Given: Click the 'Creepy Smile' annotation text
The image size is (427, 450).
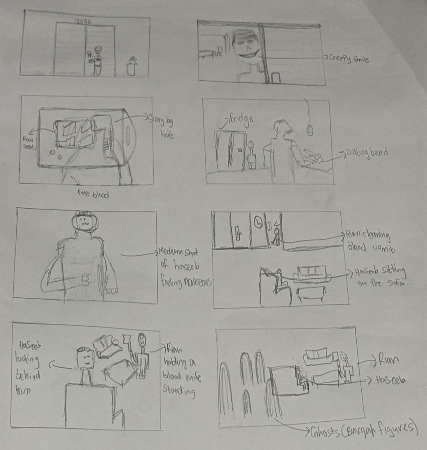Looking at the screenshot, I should (x=349, y=58).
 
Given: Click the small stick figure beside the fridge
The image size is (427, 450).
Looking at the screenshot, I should (x=251, y=155).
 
